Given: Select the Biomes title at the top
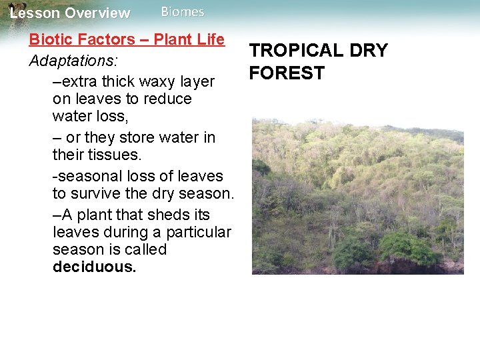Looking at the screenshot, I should point(183,12).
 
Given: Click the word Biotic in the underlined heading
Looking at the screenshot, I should point(49,39).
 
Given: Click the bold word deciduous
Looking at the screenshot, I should point(94,267).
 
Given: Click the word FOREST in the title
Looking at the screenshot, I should point(287,73).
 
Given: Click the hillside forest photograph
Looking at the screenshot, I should point(357,196).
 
